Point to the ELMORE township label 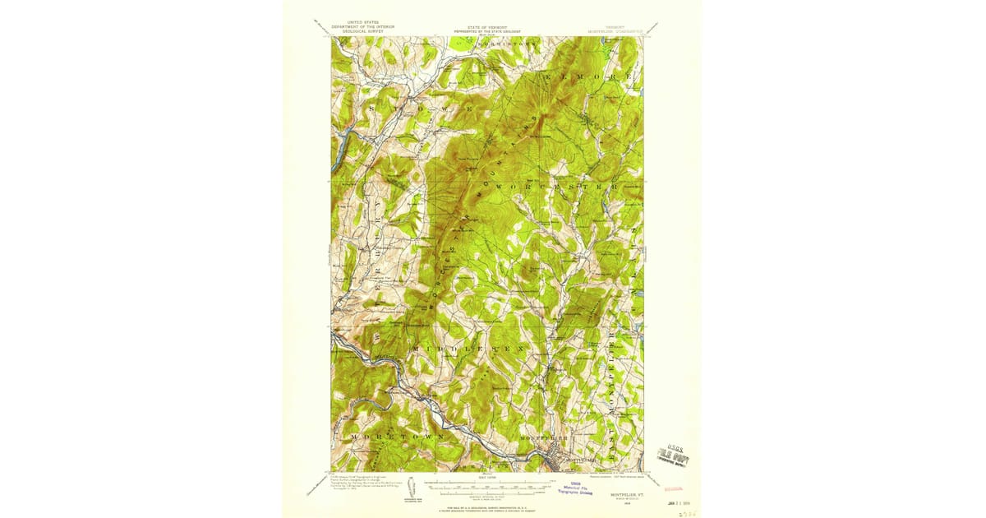588,76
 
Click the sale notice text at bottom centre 488,509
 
